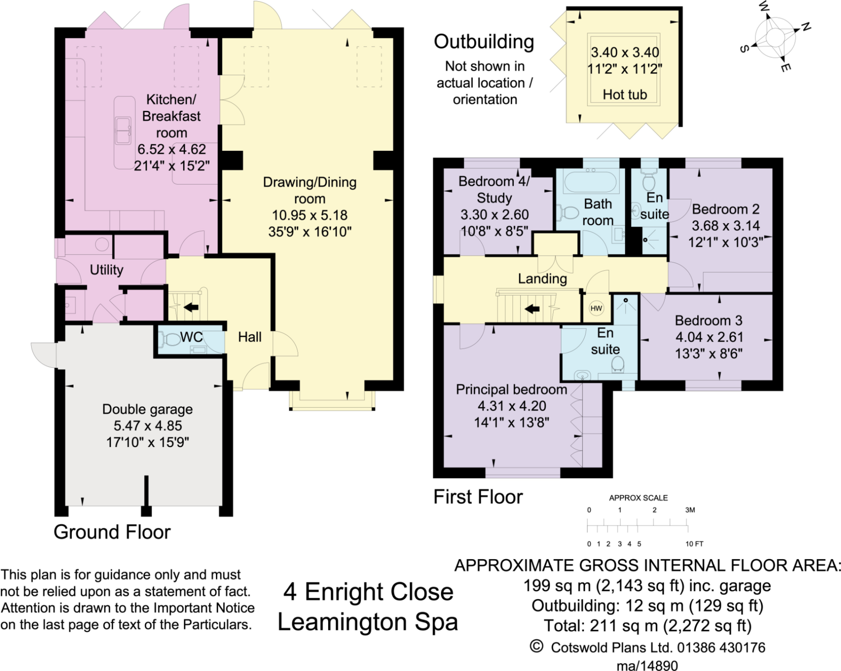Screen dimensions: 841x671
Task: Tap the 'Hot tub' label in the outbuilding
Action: click(625, 94)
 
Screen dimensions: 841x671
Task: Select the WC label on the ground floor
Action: click(191, 337)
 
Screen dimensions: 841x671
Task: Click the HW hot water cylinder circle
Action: click(596, 308)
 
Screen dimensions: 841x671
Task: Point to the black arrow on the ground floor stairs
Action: click(191, 307)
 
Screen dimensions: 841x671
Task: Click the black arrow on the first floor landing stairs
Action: click(532, 309)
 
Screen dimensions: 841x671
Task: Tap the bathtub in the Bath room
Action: click(590, 182)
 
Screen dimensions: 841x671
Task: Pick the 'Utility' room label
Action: click(106, 270)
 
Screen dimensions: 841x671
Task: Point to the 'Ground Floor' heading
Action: click(112, 532)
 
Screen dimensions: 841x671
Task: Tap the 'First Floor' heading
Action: click(478, 497)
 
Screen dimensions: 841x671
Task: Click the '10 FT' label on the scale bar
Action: click(694, 544)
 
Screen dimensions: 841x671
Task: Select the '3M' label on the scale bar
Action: click(690, 510)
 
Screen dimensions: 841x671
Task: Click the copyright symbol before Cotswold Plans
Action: click(537, 646)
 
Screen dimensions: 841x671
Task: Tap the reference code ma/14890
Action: click(647, 665)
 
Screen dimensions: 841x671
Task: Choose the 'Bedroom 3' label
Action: click(708, 320)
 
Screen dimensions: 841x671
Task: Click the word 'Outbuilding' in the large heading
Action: click(484, 42)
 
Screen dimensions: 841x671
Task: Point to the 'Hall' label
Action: click(250, 337)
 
